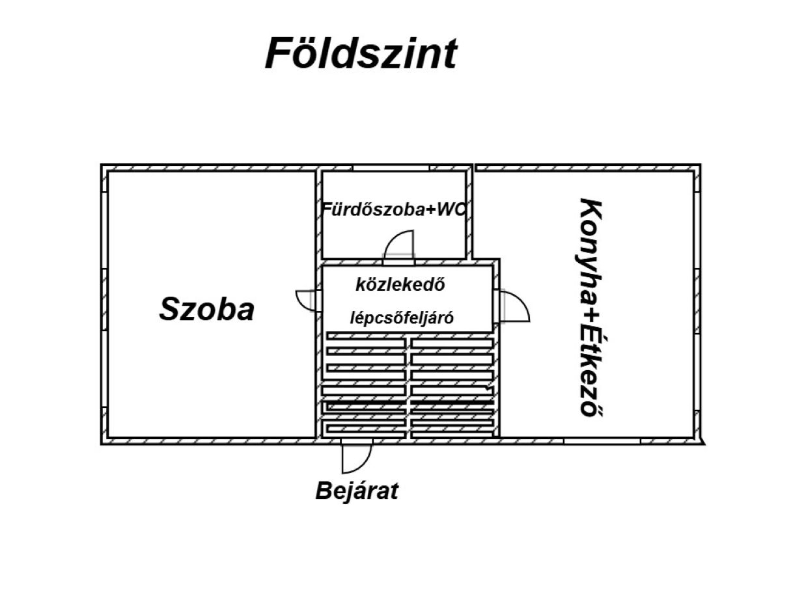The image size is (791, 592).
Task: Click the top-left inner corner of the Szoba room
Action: click(x=109, y=172)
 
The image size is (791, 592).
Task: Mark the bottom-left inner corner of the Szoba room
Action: click(x=109, y=437)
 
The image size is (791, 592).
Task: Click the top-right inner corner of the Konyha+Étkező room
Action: click(x=693, y=172)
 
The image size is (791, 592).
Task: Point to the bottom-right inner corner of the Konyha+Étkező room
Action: click(x=693, y=437)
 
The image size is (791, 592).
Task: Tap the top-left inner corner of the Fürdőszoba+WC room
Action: click(x=322, y=172)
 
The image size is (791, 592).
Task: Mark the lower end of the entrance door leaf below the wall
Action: click(x=342, y=472)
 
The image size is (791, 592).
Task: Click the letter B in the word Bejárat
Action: click(x=324, y=491)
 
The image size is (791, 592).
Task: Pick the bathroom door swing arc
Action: click(x=398, y=245)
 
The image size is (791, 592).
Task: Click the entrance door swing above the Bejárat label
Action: click(x=356, y=459)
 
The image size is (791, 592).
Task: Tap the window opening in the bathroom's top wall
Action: click(x=391, y=168)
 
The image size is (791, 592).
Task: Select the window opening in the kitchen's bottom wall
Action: click(x=602, y=441)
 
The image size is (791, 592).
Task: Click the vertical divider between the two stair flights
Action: click(x=408, y=388)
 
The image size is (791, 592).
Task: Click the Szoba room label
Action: click(x=207, y=309)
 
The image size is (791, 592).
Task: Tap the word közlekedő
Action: click(x=400, y=285)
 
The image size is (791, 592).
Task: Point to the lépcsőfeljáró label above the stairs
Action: click(x=402, y=318)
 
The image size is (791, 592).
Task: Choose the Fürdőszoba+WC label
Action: click(x=393, y=209)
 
